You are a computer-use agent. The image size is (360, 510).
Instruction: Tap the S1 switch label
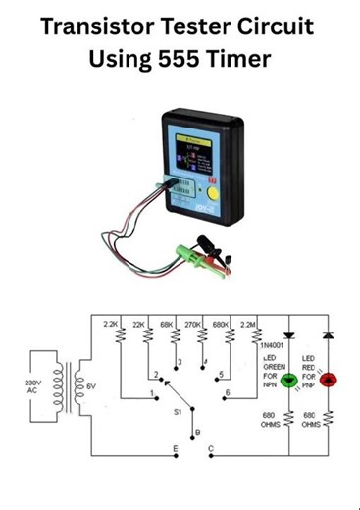pos(178,412)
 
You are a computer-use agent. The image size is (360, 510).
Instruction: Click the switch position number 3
pos(178,363)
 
